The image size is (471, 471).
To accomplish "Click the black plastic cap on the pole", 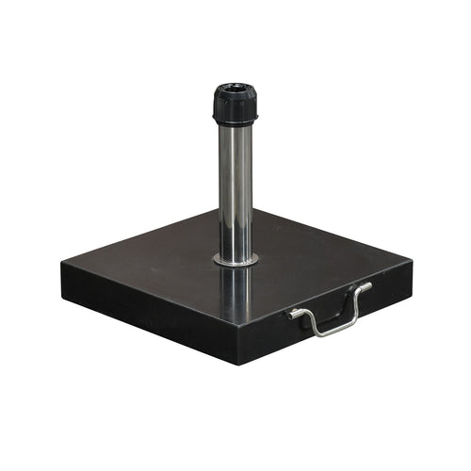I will [235, 104].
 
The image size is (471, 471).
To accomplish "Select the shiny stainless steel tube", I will [235, 188].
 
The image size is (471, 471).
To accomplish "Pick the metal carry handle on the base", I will [330, 311].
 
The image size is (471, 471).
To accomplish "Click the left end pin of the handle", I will [295, 313].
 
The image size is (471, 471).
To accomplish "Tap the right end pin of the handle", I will [367, 285].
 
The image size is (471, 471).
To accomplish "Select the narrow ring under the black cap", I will [235, 123].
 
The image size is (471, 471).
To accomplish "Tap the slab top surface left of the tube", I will [151, 264].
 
